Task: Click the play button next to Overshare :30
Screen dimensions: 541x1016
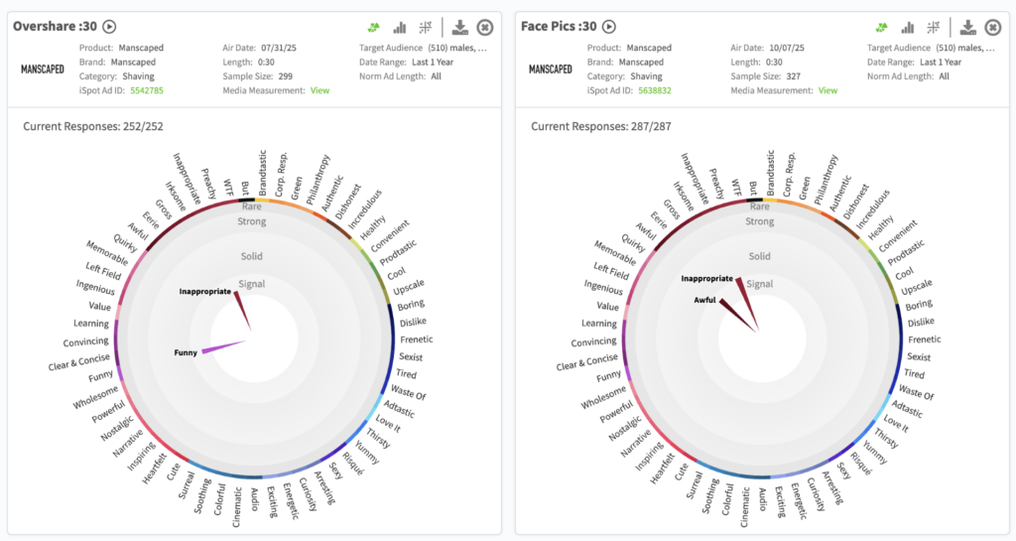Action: click(109, 27)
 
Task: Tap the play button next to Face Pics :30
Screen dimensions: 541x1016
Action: click(609, 27)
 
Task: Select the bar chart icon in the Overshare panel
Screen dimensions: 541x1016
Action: click(400, 28)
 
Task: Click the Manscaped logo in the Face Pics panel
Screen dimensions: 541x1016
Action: click(550, 69)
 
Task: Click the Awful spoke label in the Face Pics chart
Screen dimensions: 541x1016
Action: click(704, 300)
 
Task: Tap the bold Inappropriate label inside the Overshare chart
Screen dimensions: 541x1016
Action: click(204, 292)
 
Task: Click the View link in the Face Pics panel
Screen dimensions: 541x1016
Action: click(827, 90)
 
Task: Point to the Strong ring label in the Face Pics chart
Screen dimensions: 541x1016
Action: click(760, 221)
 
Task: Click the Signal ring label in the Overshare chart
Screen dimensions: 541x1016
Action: click(252, 284)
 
